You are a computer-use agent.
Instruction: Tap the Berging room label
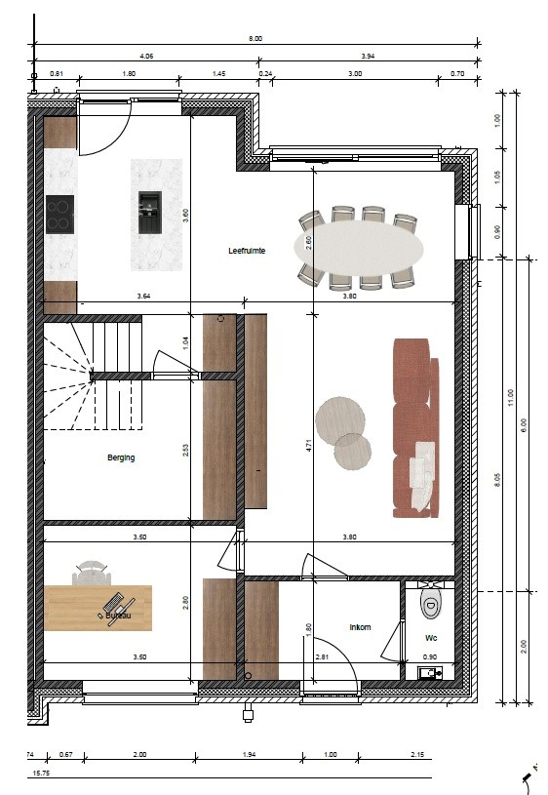coord(121,457)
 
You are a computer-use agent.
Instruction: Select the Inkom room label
coord(360,627)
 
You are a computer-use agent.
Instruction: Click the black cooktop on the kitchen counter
coord(59,214)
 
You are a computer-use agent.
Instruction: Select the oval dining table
coord(360,247)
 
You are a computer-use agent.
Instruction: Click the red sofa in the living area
coord(411,426)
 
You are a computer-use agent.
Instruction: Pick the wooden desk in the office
coord(98,608)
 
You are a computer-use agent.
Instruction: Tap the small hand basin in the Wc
coord(429,672)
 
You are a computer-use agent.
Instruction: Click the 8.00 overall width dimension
coord(256,39)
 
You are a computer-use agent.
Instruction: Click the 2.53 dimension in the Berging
coord(186,450)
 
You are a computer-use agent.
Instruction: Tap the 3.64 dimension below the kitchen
coord(143,296)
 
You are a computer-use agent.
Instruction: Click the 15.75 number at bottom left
coord(40,774)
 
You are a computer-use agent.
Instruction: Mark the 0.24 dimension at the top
coord(265,74)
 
